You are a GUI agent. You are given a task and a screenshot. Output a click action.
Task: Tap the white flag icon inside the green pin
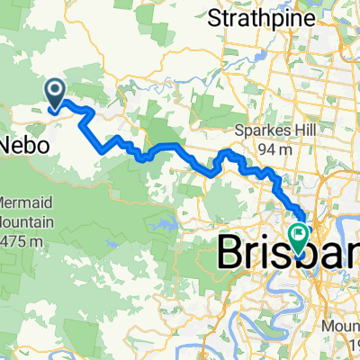click(x=298, y=234)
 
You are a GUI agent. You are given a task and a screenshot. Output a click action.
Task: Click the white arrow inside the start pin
click(x=55, y=89)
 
